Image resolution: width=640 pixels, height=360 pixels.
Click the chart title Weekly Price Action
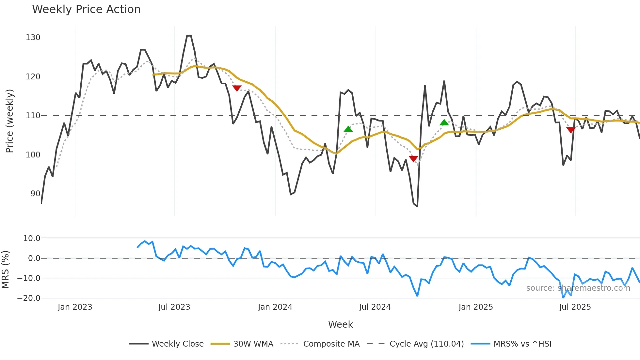86,9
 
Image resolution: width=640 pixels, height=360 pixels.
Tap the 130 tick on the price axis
33,38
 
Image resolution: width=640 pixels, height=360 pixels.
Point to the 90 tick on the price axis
35,194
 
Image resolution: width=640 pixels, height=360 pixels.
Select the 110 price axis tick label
33,116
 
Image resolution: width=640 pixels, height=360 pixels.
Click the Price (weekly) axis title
9,121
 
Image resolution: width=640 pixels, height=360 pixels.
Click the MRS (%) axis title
5,270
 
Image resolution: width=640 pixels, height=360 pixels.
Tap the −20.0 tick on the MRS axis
29,298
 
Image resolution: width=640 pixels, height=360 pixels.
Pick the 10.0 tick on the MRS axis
32,238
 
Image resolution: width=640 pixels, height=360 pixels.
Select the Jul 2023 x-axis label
174,307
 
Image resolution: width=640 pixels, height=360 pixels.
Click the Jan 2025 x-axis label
475,307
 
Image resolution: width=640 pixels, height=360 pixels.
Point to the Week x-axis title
340,324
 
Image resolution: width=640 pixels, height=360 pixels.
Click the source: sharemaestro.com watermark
578,288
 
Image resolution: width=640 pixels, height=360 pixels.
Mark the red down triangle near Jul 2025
570,130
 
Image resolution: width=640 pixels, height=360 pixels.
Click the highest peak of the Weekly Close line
189,36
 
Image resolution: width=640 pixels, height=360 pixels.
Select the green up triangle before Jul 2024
348,129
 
